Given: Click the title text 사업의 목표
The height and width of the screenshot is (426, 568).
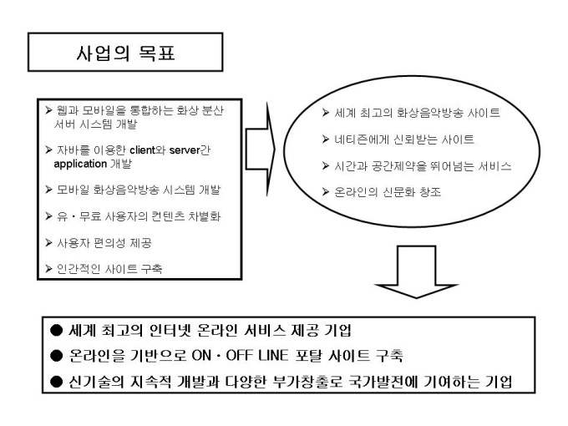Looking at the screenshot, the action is coord(125,53).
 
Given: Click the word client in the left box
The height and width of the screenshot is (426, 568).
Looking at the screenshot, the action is coord(142,150).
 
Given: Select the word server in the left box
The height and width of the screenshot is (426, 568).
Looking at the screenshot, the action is coord(185,150).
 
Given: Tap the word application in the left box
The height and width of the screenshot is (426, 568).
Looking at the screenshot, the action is coord(80,164).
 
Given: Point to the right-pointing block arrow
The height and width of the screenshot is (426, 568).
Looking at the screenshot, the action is coord(260,150).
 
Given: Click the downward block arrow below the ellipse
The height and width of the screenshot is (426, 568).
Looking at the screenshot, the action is coord(417,271).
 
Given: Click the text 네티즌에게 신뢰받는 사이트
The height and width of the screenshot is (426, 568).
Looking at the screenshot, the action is coord(404,139).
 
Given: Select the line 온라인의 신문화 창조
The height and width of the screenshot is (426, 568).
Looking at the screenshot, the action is coord(388,192).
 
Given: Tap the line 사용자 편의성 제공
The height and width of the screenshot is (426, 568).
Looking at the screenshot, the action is coord(104,243).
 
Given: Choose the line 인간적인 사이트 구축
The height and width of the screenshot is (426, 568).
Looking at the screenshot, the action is coord(109,269).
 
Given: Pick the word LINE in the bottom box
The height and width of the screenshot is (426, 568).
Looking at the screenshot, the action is coord(273,355).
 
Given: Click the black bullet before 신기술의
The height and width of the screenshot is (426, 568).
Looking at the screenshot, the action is coord(57,382).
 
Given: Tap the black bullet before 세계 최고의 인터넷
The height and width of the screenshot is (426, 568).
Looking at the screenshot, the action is coord(57,330).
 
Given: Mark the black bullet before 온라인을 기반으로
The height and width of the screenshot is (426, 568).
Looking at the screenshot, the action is coord(57,356).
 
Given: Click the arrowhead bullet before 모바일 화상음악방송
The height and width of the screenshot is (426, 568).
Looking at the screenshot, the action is coord(49,190).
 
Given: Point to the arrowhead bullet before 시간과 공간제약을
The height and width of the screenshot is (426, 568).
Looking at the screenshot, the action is coord(326,166).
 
